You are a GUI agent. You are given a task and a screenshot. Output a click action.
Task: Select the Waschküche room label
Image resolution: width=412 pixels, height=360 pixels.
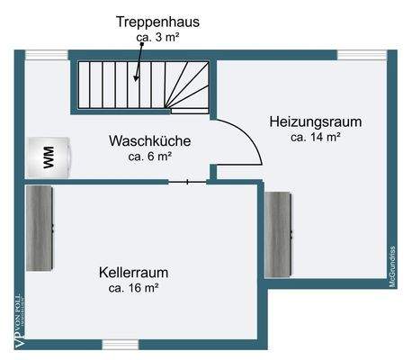click(149, 141)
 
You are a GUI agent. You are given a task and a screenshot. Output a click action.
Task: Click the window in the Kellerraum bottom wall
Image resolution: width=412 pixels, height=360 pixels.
click(120, 343)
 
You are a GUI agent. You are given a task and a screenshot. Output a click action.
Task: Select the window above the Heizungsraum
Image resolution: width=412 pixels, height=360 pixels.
click(355, 55)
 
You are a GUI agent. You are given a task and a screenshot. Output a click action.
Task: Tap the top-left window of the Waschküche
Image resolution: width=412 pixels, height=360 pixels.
click(40, 55)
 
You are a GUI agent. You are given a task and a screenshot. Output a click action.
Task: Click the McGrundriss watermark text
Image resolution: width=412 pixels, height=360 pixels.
click(393, 265)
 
